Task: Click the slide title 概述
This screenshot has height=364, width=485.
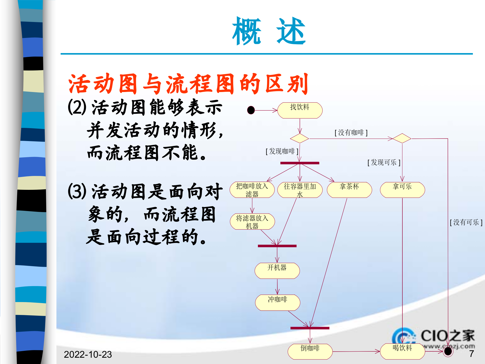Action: pyautogui.click(x=269, y=31)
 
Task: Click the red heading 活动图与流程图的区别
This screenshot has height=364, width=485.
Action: pyautogui.click(x=188, y=84)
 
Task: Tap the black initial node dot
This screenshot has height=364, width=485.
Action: pyautogui.click(x=251, y=110)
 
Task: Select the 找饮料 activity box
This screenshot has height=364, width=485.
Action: pyautogui.click(x=300, y=110)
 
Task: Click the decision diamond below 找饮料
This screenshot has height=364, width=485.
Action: pyautogui.click(x=300, y=139)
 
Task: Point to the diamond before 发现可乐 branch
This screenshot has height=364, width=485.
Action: pyautogui.click(x=402, y=138)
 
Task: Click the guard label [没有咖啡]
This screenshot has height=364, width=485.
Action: pyautogui.click(x=351, y=132)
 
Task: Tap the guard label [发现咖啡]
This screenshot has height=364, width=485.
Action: pyautogui.click(x=282, y=151)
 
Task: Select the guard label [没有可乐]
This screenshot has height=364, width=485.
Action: pyautogui.click(x=466, y=222)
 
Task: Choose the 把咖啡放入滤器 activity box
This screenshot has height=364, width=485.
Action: pyautogui.click(x=252, y=190)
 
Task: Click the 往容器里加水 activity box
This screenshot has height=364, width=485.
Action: pyautogui.click(x=300, y=190)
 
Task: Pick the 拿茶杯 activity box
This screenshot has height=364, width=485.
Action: pyautogui.click(x=349, y=190)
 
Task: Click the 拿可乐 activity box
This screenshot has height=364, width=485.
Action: pyautogui.click(x=402, y=190)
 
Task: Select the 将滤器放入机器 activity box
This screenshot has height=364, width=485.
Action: pyautogui.click(x=252, y=222)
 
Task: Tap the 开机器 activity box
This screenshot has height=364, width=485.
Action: pyautogui.click(x=277, y=271)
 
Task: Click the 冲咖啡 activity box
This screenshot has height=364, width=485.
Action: pyautogui.click(x=278, y=303)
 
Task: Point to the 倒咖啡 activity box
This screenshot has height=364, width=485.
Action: pyautogui.click(x=310, y=351)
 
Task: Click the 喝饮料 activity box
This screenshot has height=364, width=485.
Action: pyautogui.click(x=402, y=351)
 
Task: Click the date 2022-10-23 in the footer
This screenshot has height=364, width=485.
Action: pyautogui.click(x=88, y=354)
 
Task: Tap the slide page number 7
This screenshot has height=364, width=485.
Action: pyautogui.click(x=471, y=354)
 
